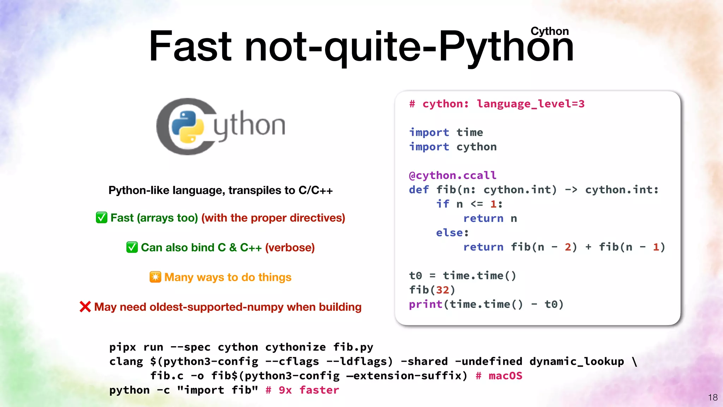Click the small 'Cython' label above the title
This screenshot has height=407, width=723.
[x=549, y=31]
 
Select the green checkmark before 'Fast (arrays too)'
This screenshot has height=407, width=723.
[x=102, y=218]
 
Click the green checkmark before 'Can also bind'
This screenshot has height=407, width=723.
[x=132, y=247]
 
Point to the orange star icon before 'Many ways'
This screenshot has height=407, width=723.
[x=155, y=277]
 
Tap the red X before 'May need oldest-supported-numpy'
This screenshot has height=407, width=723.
[x=85, y=307]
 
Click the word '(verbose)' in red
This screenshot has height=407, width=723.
[x=290, y=247]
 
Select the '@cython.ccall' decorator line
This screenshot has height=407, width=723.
[x=453, y=175]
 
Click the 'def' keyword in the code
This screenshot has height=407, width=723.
[x=419, y=190]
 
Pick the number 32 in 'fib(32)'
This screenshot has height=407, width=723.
[x=442, y=290]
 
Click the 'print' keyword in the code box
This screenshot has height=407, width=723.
[x=425, y=304]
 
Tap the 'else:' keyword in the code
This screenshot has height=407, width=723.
[x=452, y=233]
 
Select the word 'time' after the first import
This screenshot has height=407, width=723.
[x=470, y=132]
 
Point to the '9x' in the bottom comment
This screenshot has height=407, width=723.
[x=285, y=390]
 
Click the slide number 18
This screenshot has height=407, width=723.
[x=713, y=397]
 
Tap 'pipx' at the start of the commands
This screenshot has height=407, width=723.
[x=123, y=347]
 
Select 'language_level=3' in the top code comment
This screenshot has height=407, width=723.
[x=531, y=104]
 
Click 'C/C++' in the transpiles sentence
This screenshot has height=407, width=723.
[x=315, y=190]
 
